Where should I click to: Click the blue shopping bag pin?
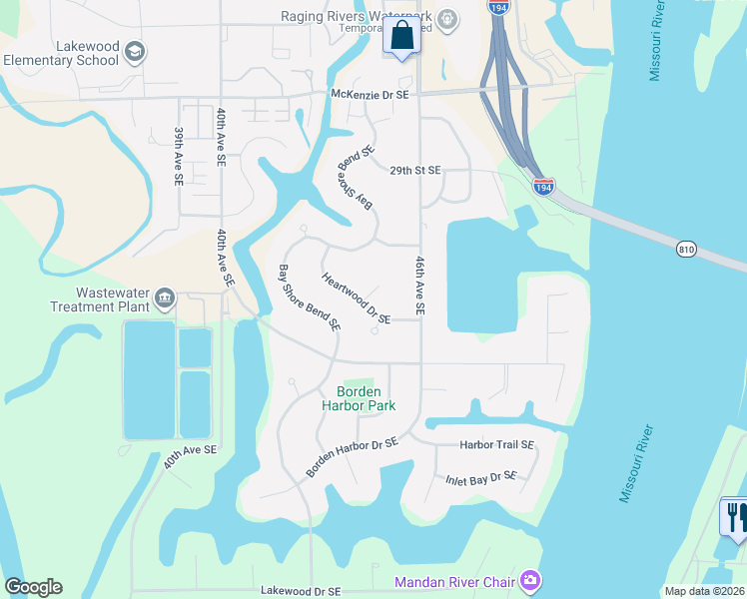tap(401, 36)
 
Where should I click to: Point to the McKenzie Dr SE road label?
tap(371, 95)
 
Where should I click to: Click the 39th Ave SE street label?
tap(179, 156)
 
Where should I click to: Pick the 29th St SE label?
tap(414, 171)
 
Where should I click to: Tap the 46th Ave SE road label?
tap(420, 286)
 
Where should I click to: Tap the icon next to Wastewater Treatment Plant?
tap(164, 297)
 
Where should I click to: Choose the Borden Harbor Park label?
tap(359, 399)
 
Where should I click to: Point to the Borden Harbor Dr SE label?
tap(353, 456)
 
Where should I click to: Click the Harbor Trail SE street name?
tap(496, 444)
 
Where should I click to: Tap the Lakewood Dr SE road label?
tap(309, 591)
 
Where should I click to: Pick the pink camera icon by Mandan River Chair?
tap(530, 580)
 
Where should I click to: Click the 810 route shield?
tap(685, 247)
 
